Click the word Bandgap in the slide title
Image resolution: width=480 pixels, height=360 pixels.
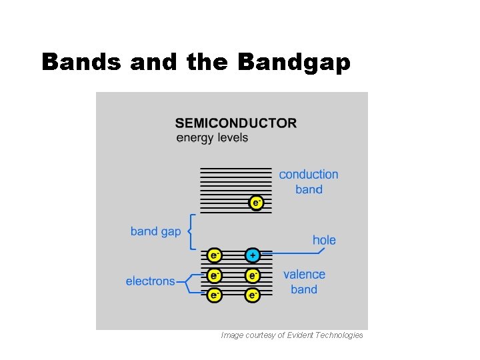click(x=293, y=62)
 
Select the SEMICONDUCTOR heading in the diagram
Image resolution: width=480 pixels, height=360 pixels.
click(x=235, y=123)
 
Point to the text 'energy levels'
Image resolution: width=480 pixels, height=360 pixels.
click(x=212, y=138)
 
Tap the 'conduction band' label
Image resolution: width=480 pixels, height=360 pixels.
click(x=309, y=181)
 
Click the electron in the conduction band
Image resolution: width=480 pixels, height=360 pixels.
click(x=256, y=202)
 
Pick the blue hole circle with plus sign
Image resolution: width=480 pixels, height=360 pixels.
click(x=253, y=255)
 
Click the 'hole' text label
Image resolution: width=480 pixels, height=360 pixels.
click(x=324, y=240)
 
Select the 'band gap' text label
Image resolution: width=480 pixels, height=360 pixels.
click(x=155, y=231)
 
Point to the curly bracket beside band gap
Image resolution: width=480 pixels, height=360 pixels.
click(x=191, y=231)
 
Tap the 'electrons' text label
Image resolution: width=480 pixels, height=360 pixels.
click(x=150, y=281)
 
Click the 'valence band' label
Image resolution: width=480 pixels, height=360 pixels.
click(x=304, y=281)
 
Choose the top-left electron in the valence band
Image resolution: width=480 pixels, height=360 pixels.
click(x=214, y=255)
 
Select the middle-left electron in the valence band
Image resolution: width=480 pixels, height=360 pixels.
click(x=214, y=275)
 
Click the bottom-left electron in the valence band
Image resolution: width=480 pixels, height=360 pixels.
click(x=214, y=295)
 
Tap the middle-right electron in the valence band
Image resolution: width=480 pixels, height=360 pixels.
click(x=253, y=275)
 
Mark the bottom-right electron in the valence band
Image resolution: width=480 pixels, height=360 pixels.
click(x=253, y=295)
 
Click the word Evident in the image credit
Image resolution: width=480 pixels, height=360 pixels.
click(x=301, y=335)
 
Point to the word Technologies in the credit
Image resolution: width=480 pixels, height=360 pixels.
click(x=340, y=335)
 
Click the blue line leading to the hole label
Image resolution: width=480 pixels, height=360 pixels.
click(x=293, y=253)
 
